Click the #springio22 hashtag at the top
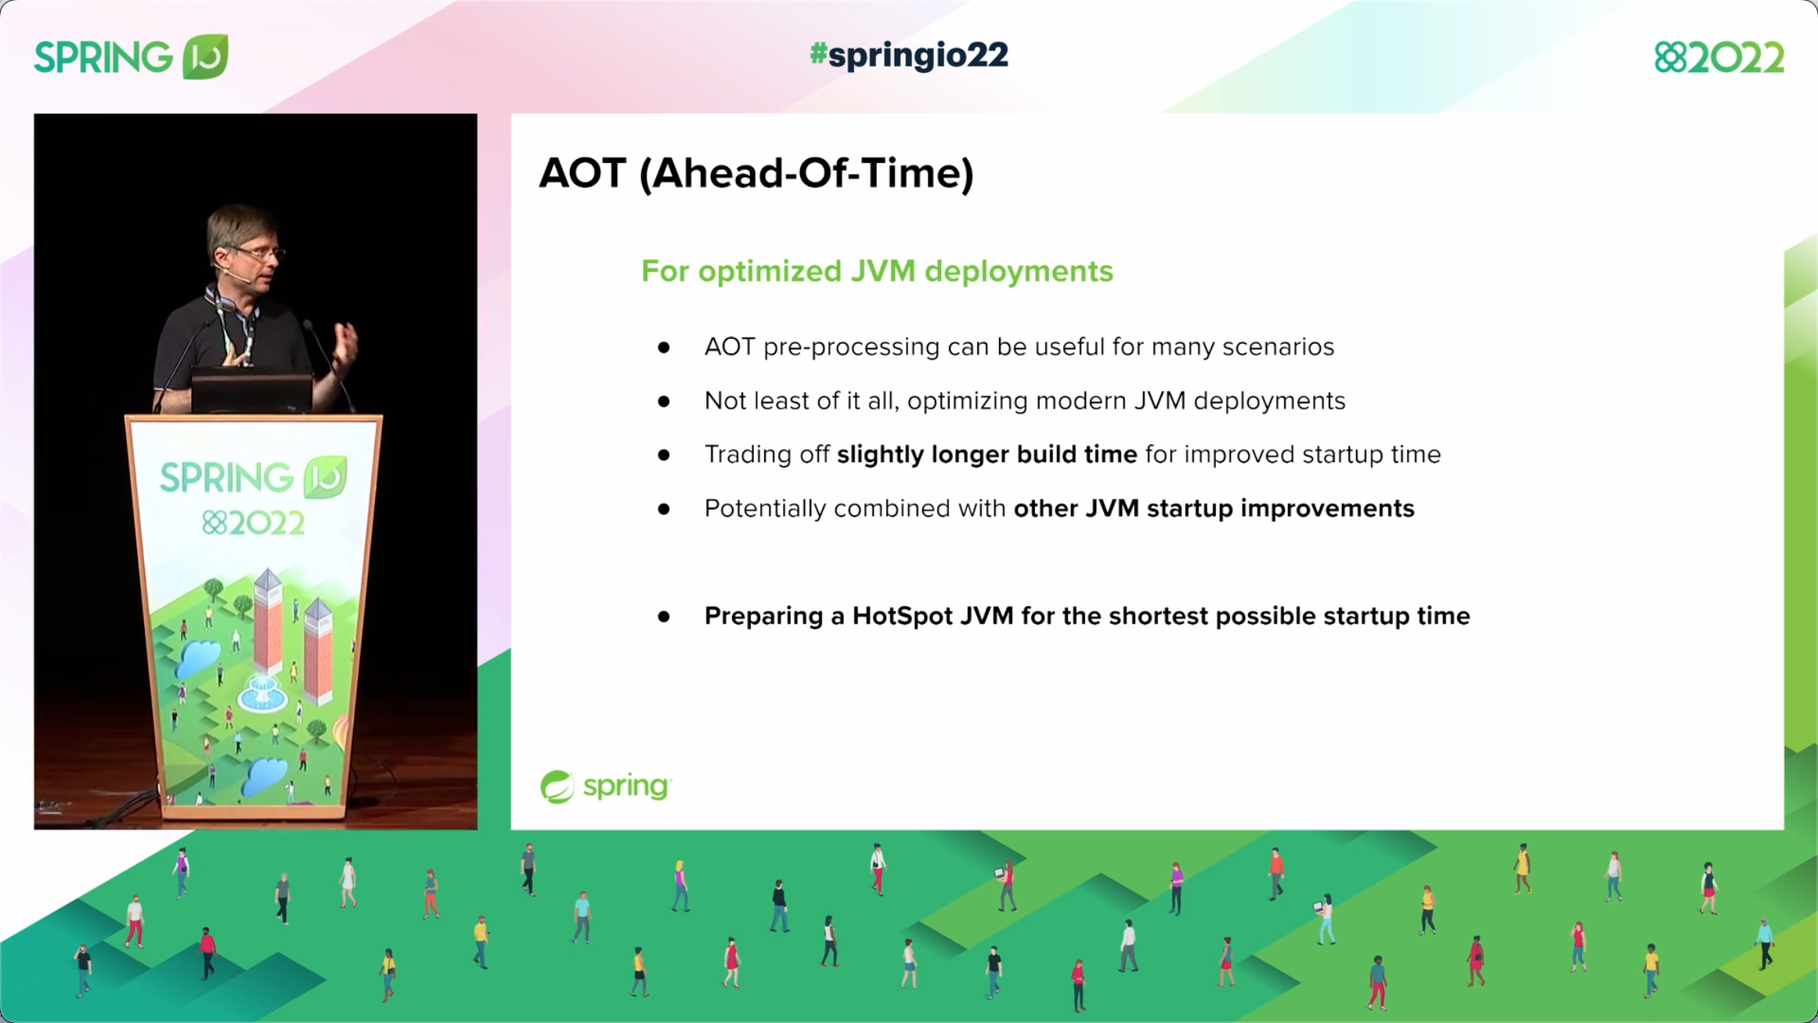coord(908,56)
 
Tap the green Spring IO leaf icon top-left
coord(205,56)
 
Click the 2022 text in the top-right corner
coord(1735,58)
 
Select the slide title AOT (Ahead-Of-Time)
coord(756,173)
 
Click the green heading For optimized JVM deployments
coord(876,271)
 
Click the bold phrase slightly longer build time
coord(987,454)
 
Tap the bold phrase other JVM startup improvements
coord(1214,508)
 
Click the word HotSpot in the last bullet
coord(902,616)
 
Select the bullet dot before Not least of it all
coord(664,401)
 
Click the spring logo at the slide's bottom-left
coord(605,786)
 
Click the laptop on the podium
coord(252,389)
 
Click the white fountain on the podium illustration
coord(262,692)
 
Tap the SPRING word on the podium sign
coord(227,478)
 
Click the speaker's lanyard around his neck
coord(235,329)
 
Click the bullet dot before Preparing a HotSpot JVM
coord(664,616)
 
